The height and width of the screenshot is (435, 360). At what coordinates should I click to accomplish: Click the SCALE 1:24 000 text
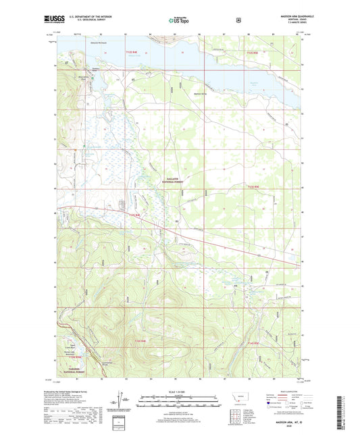pyautogui.click(x=180, y=392)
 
